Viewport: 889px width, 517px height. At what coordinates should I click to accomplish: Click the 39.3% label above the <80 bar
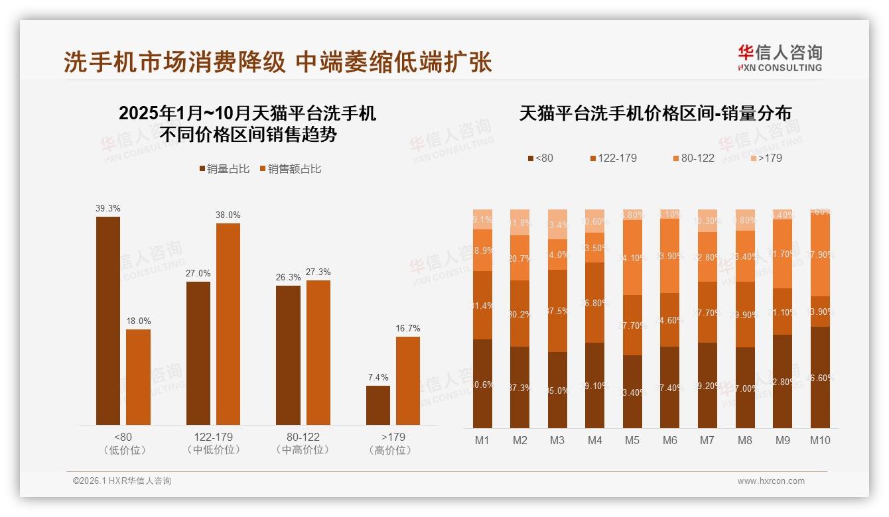[x=107, y=208]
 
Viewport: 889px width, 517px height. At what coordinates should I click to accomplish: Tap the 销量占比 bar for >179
[x=378, y=405]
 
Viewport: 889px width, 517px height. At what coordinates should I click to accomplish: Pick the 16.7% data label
[x=408, y=328]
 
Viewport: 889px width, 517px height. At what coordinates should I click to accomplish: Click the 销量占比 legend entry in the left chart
[x=224, y=169]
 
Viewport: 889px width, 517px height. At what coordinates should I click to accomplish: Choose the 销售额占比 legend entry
[x=290, y=169]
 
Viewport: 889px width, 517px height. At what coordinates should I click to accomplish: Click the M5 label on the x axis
[x=632, y=440]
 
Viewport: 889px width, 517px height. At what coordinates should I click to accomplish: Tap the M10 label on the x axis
[x=820, y=440]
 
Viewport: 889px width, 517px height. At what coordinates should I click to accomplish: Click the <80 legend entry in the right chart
[x=540, y=158]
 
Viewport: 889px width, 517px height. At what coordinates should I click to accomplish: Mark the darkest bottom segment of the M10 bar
[x=820, y=377]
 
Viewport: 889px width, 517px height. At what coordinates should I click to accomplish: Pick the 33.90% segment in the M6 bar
[x=670, y=255]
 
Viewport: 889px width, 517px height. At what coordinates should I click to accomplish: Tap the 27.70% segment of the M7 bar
[x=708, y=312]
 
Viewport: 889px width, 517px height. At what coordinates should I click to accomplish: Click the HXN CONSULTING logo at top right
[x=780, y=58]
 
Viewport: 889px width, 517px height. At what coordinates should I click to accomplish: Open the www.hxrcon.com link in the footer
[x=771, y=481]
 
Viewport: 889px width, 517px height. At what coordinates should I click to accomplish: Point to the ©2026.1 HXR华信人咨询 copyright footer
[x=122, y=481]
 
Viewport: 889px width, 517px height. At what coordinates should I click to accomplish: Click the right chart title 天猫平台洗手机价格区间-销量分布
[x=655, y=113]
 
